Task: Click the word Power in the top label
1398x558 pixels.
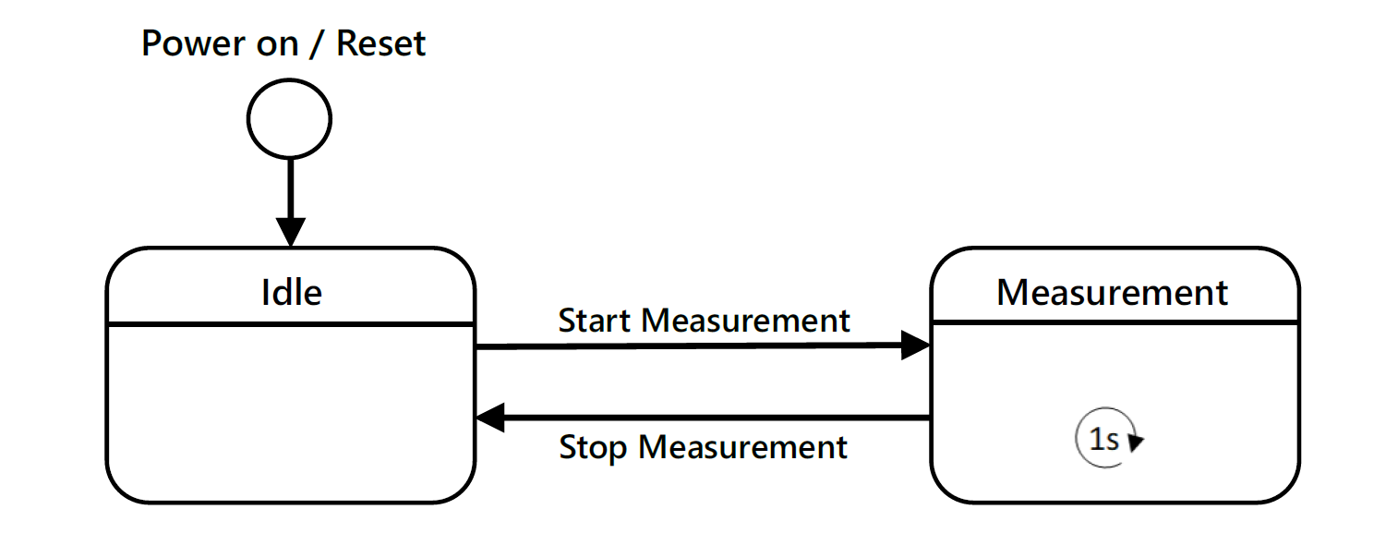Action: [x=194, y=43]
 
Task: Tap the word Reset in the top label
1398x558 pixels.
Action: [x=380, y=43]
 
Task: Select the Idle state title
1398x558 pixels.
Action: [x=292, y=292]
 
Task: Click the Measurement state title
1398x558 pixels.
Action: [x=1112, y=292]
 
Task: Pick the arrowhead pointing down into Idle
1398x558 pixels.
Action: [x=291, y=232]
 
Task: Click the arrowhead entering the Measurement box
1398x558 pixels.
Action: [x=916, y=346]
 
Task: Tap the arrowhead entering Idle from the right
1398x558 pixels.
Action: [x=490, y=418]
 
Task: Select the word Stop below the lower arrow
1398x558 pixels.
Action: [x=593, y=447]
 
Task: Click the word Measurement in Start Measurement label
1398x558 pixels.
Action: [x=745, y=321]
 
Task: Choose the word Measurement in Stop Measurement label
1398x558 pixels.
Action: [x=742, y=447]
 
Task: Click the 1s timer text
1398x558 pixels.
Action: [x=1103, y=440]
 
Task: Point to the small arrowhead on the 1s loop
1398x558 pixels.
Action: [x=1136, y=442]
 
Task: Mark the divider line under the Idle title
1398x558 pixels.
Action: [x=291, y=324]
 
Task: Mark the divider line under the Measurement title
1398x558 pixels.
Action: [x=1115, y=322]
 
